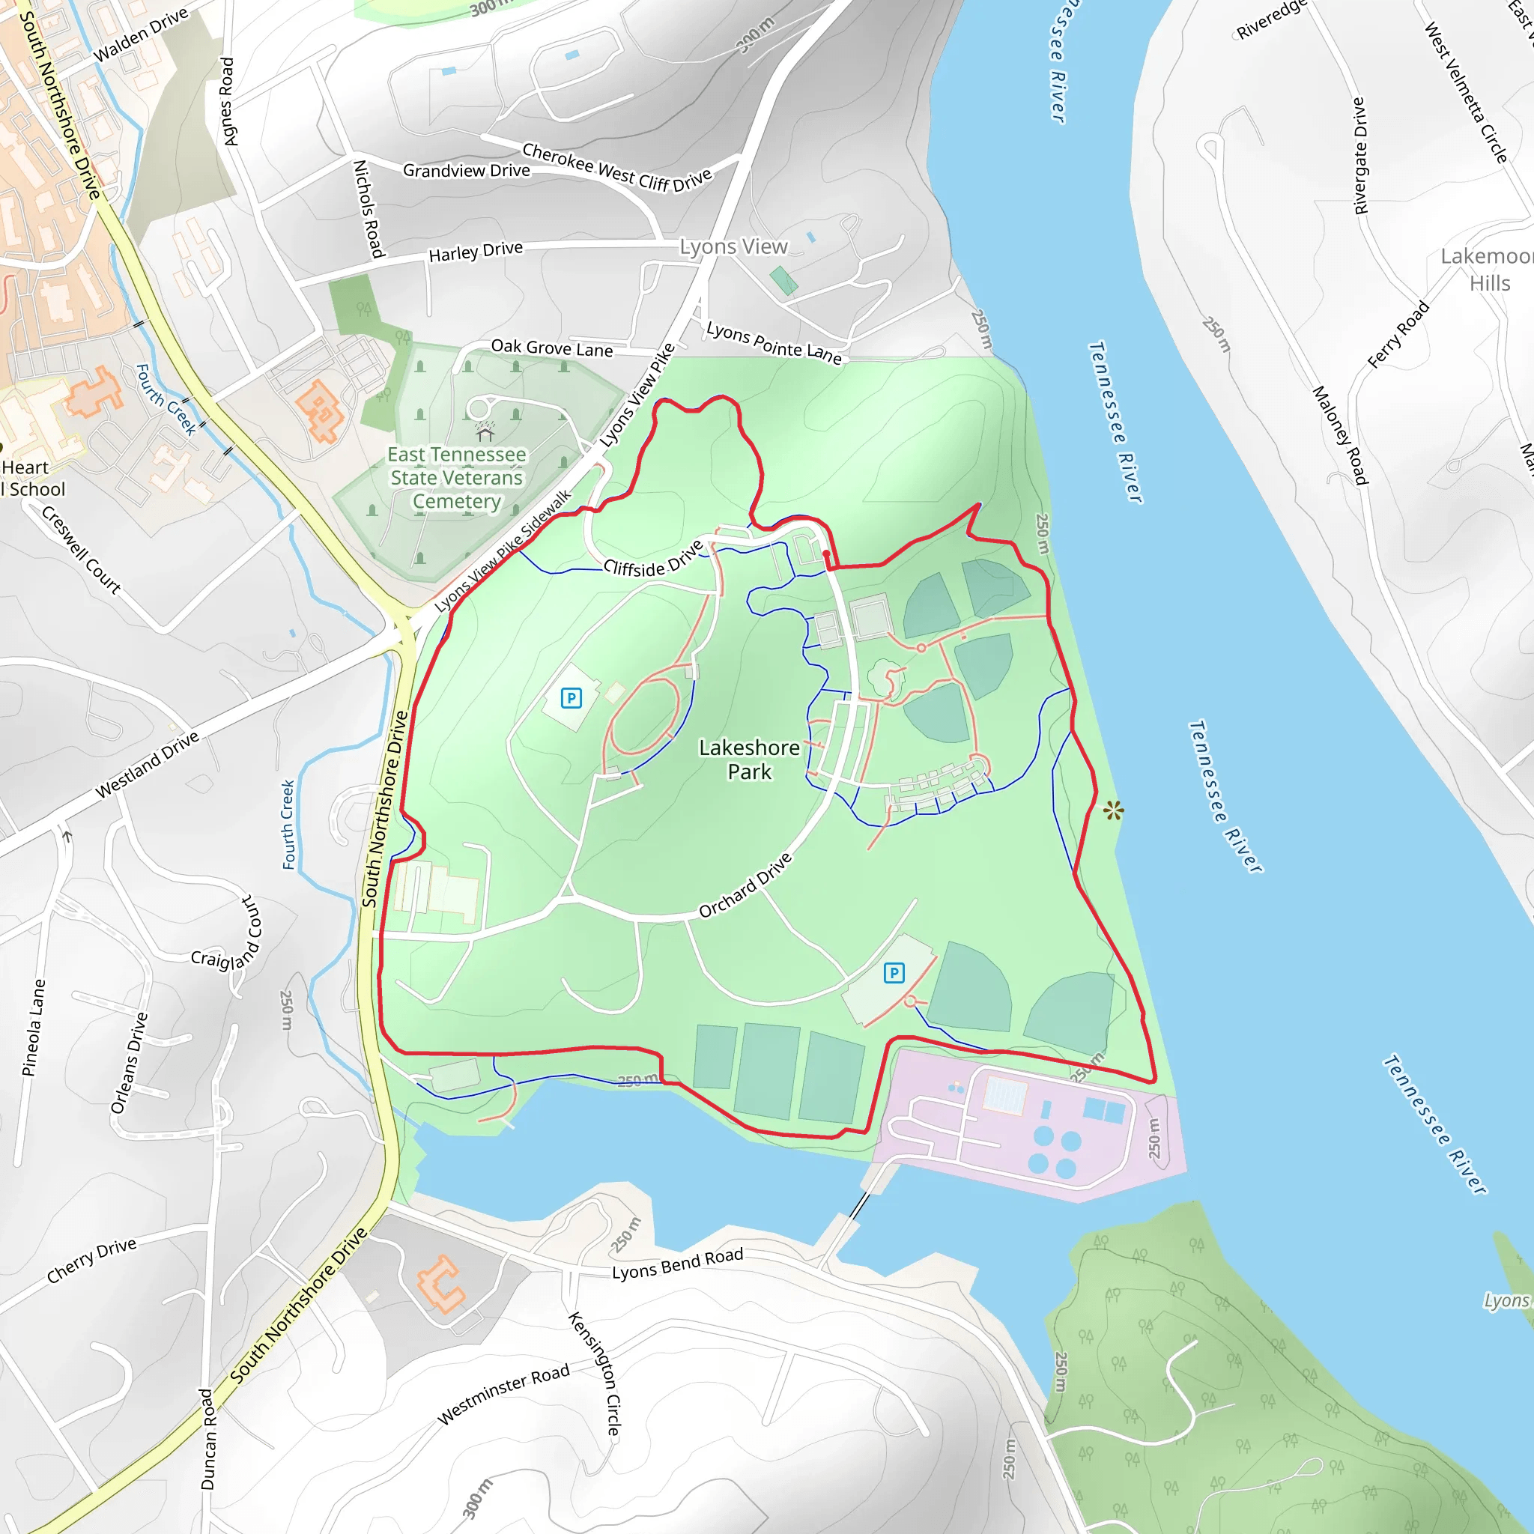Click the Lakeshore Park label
749,759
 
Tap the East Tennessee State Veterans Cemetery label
457,477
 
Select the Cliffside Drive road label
652,558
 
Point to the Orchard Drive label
745,885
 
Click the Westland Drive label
147,765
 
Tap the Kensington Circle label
595,1373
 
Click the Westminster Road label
503,1394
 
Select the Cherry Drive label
91,1260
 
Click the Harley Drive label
476,252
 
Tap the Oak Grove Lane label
552,348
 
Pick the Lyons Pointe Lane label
774,342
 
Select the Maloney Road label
1339,435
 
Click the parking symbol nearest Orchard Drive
894,973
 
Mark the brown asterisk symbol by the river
1113,810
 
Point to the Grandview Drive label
466,171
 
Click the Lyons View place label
733,247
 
